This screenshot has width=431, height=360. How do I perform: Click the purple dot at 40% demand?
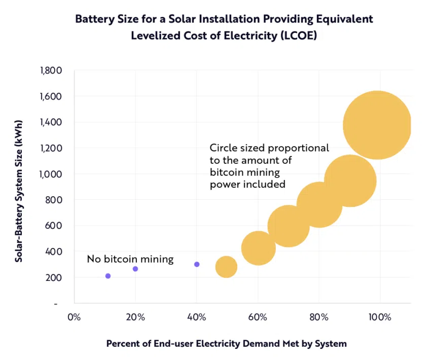click(197, 264)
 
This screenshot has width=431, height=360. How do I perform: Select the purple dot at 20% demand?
click(135, 269)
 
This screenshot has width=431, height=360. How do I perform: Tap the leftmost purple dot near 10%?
click(107, 276)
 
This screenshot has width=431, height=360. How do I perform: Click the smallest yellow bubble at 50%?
click(226, 267)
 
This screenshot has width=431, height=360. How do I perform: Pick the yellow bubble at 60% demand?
click(259, 248)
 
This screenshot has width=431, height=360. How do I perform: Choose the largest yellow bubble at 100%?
click(377, 125)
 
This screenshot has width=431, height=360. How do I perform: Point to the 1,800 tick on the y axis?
click(51, 70)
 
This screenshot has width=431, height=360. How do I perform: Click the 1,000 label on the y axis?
click(51, 174)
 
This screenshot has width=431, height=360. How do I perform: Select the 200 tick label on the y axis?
click(54, 277)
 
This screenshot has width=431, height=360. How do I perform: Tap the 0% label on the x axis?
click(74, 318)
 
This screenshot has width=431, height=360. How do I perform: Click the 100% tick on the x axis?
click(380, 318)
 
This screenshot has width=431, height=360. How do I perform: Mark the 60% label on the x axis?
click(258, 318)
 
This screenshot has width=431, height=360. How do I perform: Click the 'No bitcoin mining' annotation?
click(130, 260)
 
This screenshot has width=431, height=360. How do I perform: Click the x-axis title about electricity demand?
click(226, 344)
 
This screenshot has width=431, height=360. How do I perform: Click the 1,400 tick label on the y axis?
click(51, 122)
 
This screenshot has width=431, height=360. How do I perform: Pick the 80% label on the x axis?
click(319, 318)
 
